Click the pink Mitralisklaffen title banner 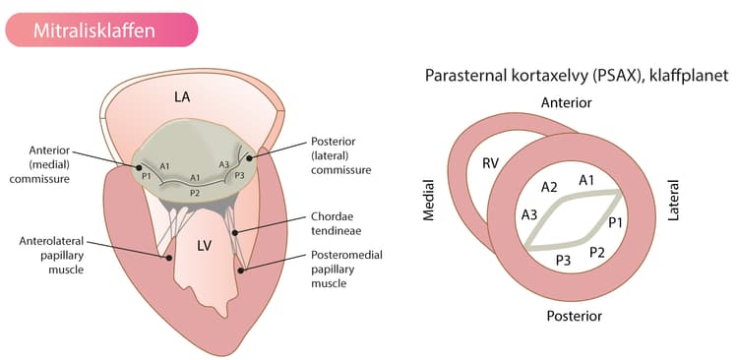tap(101, 30)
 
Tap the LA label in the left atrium tap(182, 97)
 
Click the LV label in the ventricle tap(205, 246)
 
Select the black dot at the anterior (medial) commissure tap(139, 167)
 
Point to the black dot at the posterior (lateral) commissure tap(250, 158)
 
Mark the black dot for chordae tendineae tap(235, 232)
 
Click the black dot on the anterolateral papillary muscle tap(168, 258)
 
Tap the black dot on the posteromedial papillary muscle tap(241, 270)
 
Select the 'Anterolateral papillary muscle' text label tap(52, 256)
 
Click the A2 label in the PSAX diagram tap(549, 187)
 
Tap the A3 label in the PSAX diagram tap(529, 215)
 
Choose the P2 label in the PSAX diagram tap(597, 253)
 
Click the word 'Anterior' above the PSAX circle tap(566, 102)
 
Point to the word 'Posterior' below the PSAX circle tap(575, 316)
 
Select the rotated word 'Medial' tap(428, 200)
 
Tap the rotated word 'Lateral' tap(674, 200)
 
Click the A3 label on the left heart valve tap(224, 164)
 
